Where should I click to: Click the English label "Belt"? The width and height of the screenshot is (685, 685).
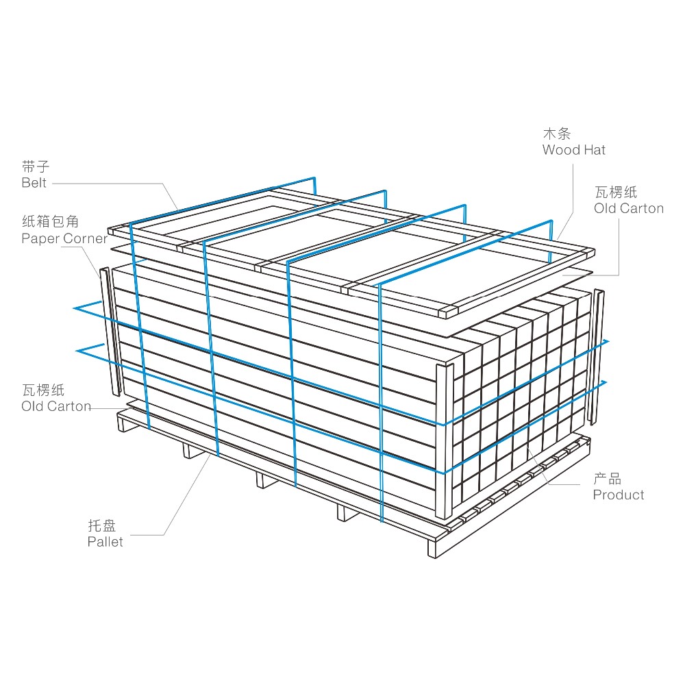pos(34,183)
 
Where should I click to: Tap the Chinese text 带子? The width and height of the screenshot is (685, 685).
pos(36,166)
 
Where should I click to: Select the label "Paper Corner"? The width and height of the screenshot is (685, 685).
pos(64,238)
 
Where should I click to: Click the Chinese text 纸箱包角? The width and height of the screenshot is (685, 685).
pos(50,221)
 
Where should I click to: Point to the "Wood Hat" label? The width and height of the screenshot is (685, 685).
pos(573,150)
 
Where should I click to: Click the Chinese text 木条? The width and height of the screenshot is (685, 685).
pos(557,134)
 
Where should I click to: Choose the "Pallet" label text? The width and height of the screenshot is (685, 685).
pos(105,542)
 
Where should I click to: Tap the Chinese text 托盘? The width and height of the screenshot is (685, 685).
pos(102,525)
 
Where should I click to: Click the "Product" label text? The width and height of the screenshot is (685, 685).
pos(619,495)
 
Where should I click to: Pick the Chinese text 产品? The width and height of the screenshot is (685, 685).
pos(607,479)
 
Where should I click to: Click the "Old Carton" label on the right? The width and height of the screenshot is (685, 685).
pos(629,208)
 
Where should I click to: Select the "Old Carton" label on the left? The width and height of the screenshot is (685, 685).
pos(56,406)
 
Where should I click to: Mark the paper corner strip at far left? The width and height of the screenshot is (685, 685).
pos(110,332)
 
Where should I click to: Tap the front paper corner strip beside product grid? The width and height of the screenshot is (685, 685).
pos(445,440)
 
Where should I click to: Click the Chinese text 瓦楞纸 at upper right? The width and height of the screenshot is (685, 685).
pos(616,192)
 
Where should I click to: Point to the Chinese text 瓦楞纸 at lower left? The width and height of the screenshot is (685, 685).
pos(43,390)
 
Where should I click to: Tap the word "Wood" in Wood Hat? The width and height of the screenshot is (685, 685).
pos(561,150)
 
